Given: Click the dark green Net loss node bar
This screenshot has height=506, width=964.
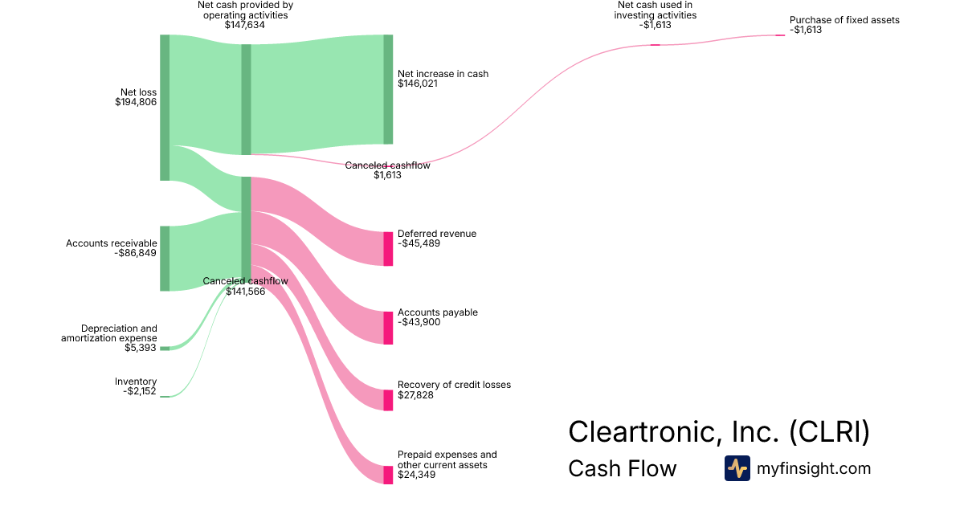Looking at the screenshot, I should pyautogui.click(x=165, y=108).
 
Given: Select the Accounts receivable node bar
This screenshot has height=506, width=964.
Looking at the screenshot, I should pyautogui.click(x=165, y=258).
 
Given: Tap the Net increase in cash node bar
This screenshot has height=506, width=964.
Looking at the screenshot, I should pyautogui.click(x=388, y=89).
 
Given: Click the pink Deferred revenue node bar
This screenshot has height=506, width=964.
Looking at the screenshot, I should pyautogui.click(x=388, y=248).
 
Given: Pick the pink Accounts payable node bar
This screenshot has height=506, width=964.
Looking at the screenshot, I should pyautogui.click(x=388, y=328).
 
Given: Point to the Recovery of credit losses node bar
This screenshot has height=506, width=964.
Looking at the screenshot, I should pyautogui.click(x=388, y=400).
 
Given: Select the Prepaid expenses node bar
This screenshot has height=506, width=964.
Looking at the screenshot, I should pyautogui.click(x=388, y=474).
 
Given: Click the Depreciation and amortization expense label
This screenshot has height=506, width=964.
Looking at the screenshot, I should pyautogui.click(x=109, y=333).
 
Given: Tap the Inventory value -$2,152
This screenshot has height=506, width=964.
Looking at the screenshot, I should pyautogui.click(x=141, y=391).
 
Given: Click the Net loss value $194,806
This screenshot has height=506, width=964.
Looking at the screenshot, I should pyautogui.click(x=136, y=102).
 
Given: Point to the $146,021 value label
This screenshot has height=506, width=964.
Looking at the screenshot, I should pyautogui.click(x=418, y=83).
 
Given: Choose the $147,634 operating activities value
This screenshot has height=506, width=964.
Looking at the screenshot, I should pyautogui.click(x=245, y=25).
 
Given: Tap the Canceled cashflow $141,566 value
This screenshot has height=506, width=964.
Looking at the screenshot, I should pyautogui.click(x=245, y=292).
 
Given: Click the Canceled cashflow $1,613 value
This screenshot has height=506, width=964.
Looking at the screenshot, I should pyautogui.click(x=387, y=175).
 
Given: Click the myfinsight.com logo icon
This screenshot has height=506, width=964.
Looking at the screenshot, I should pyautogui.click(x=737, y=468).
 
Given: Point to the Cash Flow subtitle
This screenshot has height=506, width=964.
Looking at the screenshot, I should pyautogui.click(x=622, y=468).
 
